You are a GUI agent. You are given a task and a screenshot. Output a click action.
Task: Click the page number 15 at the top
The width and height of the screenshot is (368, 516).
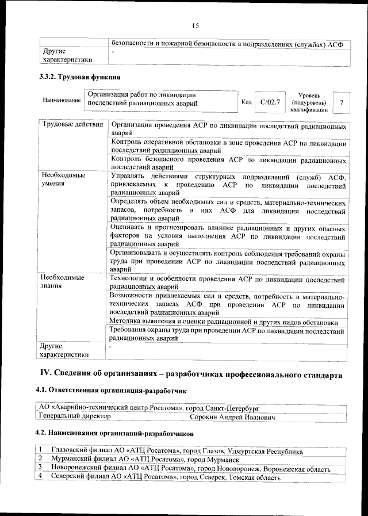pyautogui.click(x=195, y=25)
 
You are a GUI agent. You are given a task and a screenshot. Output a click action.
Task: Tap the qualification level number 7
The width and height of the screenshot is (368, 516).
pyautogui.click(x=342, y=102)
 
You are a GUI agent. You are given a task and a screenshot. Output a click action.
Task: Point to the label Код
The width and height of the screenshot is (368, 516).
pyautogui.click(x=246, y=102)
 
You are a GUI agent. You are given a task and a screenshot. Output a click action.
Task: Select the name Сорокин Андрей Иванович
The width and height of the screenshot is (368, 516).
pyautogui.click(x=232, y=416)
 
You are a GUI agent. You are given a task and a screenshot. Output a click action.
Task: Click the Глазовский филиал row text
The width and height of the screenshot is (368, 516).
pyautogui.click(x=177, y=452)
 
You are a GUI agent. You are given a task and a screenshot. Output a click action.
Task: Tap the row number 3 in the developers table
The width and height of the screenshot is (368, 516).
pyautogui.click(x=40, y=469)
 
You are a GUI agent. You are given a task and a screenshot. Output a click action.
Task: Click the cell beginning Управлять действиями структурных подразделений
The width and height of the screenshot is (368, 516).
pyautogui.click(x=228, y=185)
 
